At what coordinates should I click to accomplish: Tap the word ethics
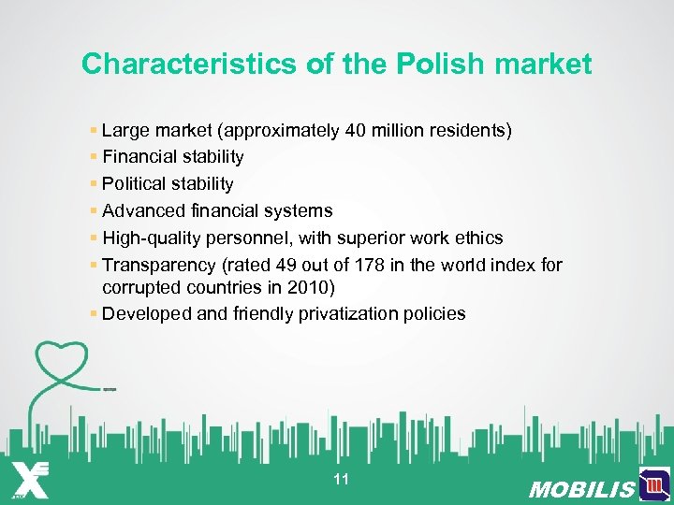[478, 238]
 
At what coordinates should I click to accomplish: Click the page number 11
[341, 480]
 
